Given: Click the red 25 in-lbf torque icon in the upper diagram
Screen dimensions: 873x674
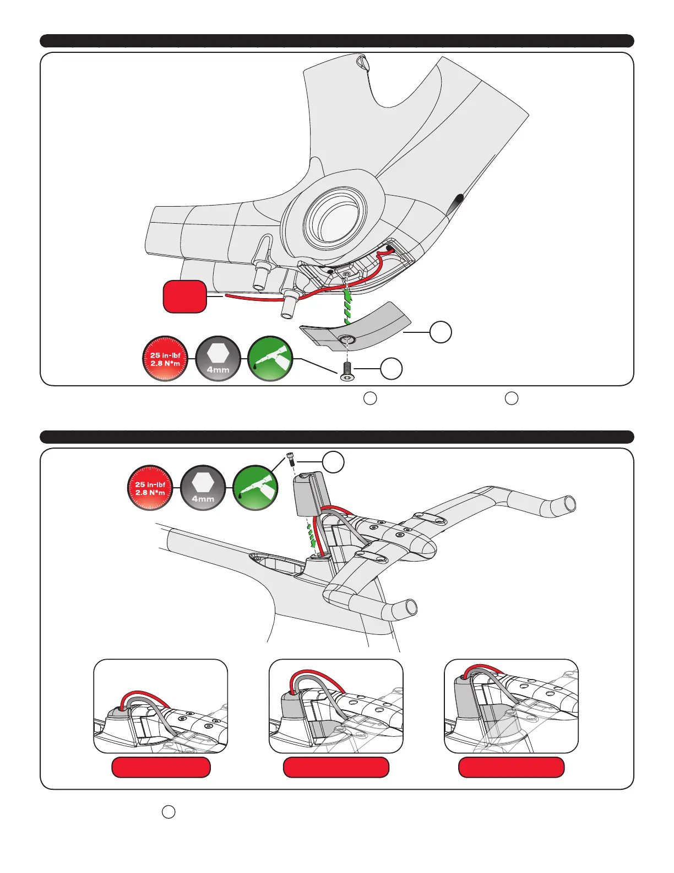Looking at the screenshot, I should pyautogui.click(x=165, y=358).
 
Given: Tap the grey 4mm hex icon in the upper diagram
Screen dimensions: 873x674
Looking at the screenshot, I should pyautogui.click(x=218, y=358).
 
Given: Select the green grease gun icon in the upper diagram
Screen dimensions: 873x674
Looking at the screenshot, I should pyautogui.click(x=270, y=358).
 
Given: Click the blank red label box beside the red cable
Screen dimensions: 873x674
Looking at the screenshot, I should pyautogui.click(x=184, y=297).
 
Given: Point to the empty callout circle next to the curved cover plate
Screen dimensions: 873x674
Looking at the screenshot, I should pyautogui.click(x=441, y=332).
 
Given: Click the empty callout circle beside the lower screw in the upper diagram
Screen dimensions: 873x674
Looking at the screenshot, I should pyautogui.click(x=391, y=369).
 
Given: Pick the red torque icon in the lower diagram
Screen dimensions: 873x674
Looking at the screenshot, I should pyautogui.click(x=150, y=488).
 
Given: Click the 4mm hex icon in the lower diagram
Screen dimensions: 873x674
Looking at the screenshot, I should pyautogui.click(x=203, y=488).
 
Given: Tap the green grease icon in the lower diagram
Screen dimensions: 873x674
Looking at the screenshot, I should pyautogui.click(x=255, y=488).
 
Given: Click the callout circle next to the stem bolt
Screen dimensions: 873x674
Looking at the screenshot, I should pyautogui.click(x=333, y=462).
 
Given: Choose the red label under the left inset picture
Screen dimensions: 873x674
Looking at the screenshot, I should pyautogui.click(x=161, y=767).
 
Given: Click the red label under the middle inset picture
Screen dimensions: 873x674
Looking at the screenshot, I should pyautogui.click(x=336, y=767).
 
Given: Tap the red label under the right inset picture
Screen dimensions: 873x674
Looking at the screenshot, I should pyautogui.click(x=511, y=767).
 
